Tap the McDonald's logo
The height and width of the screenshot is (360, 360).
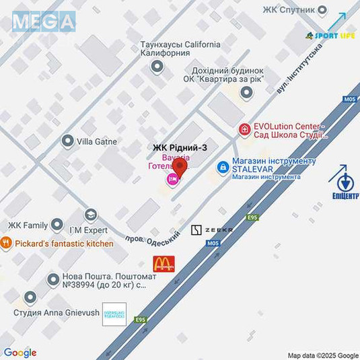(x=164, y=264)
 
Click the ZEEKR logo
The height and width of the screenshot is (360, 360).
(x=212, y=230)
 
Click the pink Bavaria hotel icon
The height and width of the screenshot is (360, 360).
(x=172, y=179)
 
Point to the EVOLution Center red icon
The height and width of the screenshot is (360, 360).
(x=244, y=129)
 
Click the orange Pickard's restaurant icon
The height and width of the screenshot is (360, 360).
(x=6, y=244)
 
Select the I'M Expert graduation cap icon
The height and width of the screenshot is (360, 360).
(x=91, y=215)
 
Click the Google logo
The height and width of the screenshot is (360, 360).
(x=20, y=352)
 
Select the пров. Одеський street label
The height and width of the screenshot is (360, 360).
(x=153, y=238)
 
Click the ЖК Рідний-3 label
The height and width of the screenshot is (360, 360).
(x=175, y=148)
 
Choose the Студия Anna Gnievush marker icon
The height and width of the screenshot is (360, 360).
(x=30, y=297)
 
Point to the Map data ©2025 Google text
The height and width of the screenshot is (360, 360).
(x=323, y=355)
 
